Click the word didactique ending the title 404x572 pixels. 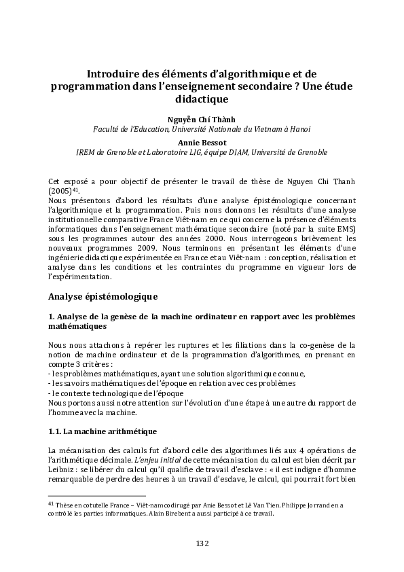[x=202, y=99]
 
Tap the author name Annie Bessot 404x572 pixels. [x=202, y=143]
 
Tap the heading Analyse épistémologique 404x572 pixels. [x=103, y=296]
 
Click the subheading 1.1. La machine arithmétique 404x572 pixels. [x=103, y=431]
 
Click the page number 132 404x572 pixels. [x=202, y=543]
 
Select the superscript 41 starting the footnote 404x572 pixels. [x=51, y=503]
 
